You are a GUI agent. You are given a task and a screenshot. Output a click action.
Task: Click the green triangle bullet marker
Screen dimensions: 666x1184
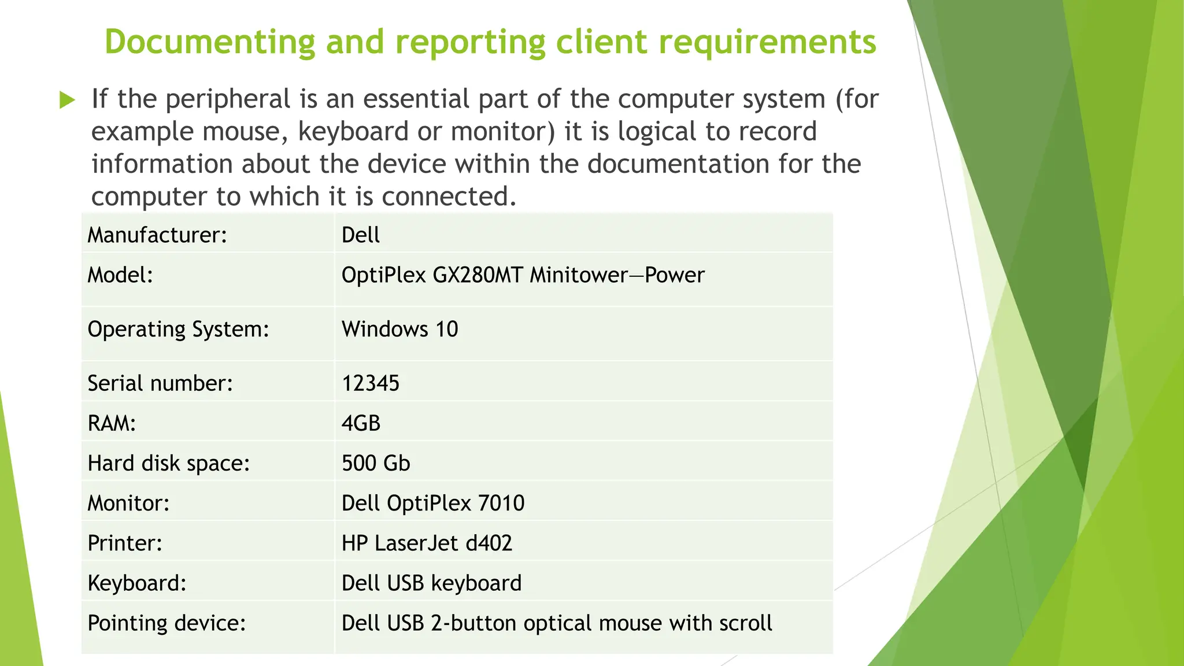(x=68, y=101)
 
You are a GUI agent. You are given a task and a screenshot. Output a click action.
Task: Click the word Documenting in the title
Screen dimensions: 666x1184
(x=209, y=42)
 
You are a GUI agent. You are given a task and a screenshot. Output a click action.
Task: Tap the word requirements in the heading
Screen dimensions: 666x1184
(x=767, y=42)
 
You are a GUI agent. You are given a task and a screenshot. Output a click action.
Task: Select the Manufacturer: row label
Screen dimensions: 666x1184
(x=157, y=235)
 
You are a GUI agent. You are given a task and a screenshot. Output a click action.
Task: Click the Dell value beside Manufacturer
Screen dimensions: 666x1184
(x=361, y=235)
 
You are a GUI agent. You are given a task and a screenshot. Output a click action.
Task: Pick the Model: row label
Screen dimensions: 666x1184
(x=120, y=275)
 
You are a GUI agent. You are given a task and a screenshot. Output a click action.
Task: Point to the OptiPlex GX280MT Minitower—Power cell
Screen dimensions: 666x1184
(x=523, y=275)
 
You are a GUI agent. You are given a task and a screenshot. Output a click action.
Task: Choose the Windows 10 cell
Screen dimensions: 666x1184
(x=400, y=330)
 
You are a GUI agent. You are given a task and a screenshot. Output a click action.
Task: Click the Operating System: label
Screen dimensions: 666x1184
(x=178, y=330)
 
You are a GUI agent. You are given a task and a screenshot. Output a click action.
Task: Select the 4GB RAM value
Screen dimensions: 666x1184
(x=361, y=424)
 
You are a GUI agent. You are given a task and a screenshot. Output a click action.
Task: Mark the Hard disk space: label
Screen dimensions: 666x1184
(x=168, y=464)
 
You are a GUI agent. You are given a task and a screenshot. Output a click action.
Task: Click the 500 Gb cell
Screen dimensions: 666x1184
(x=376, y=464)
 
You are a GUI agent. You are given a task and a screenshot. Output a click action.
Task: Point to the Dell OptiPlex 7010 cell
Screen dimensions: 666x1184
(x=433, y=504)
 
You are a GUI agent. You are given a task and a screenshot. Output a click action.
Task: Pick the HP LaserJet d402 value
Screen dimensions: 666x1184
(x=427, y=543)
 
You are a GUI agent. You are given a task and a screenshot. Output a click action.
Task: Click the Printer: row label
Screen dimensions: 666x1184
(x=125, y=543)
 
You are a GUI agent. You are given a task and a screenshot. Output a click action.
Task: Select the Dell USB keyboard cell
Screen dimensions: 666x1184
(x=431, y=583)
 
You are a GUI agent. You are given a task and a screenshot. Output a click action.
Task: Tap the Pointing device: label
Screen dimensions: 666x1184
(x=166, y=623)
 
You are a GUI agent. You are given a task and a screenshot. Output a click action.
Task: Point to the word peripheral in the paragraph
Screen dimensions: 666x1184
(x=228, y=99)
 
